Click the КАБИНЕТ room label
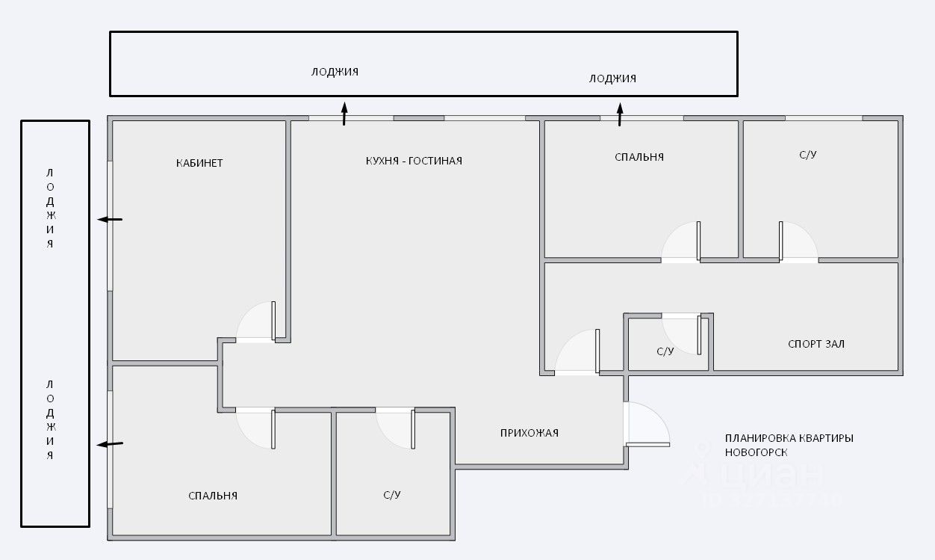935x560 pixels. (199, 163)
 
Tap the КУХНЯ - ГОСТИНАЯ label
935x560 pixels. (414, 161)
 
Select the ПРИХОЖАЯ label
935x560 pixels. (529, 432)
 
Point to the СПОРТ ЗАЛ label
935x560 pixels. (816, 344)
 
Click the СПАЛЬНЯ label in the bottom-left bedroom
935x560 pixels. (213, 495)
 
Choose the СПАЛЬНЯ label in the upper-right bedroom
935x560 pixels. (639, 157)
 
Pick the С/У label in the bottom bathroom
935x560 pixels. (393, 495)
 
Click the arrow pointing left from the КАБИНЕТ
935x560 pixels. (110, 219)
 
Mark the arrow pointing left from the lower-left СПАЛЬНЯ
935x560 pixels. (111, 444)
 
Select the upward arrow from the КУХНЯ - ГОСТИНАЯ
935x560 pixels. (344, 114)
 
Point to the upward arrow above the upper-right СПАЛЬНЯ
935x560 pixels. (620, 114)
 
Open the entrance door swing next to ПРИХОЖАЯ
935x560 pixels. (647, 425)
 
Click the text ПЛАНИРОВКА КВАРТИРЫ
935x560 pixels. (789, 438)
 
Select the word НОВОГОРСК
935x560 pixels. (756, 452)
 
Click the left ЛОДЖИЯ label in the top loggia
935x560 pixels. (335, 72)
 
